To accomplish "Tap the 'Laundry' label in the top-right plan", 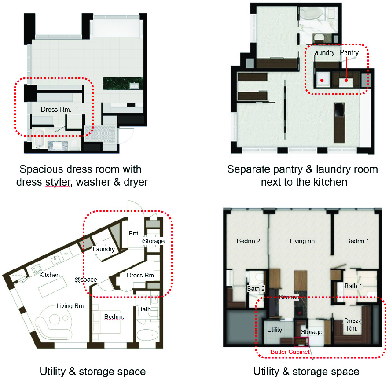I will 323,52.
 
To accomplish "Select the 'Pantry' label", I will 349,52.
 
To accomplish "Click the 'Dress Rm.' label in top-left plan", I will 56,109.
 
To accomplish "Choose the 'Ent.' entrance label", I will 133,233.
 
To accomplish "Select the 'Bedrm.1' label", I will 357,241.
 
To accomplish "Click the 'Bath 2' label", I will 256,288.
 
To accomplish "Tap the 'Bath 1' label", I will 351,286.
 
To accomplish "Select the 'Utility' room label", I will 275,329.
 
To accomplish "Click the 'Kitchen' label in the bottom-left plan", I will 50,274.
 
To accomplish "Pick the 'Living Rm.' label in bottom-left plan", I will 70,305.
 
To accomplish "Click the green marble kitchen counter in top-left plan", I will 120,83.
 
